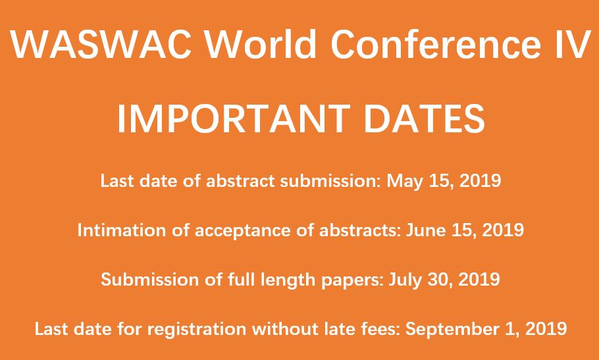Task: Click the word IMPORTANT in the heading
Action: click(x=233, y=118)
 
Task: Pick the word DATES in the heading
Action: click(x=424, y=118)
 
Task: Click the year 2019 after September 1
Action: click(x=547, y=329)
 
